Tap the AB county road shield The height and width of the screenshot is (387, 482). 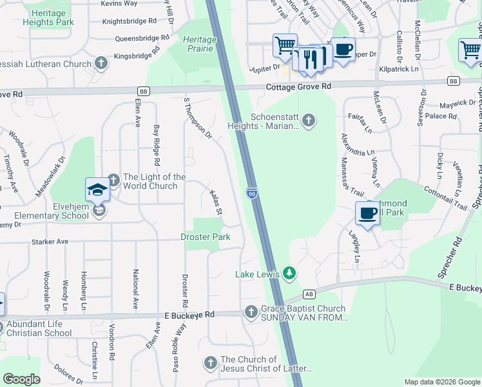point(309,293)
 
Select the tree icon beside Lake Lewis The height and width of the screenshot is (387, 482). point(290,274)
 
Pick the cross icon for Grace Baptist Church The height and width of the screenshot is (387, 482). point(251,313)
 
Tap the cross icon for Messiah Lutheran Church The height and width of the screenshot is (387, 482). point(101,63)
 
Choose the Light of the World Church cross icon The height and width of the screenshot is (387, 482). point(113,179)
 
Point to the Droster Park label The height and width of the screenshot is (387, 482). point(205,237)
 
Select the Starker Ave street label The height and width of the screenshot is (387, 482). point(50,242)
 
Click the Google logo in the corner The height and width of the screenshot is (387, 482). point(21,379)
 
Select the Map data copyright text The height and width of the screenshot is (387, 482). point(441,382)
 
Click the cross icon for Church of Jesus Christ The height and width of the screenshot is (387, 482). point(210,363)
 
